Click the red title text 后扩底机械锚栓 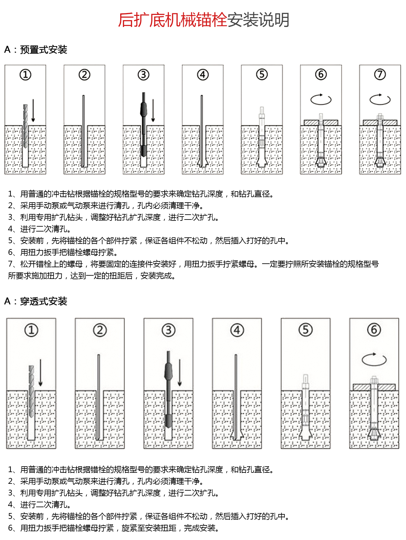tap(172, 20)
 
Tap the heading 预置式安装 tap(44, 50)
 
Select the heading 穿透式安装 tap(44, 301)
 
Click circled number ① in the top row tap(25, 75)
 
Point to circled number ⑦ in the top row tap(380, 75)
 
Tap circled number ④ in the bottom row tap(237, 330)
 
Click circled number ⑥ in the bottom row tap(374, 330)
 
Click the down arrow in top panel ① tap(33, 110)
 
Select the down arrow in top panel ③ tap(153, 110)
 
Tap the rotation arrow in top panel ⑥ tap(321, 99)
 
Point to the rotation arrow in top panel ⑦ tap(380, 99)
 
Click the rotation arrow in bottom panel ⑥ tap(374, 359)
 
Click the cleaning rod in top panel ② tap(83, 130)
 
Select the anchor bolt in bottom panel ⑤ tap(305, 409)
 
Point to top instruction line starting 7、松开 tap(193, 264)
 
